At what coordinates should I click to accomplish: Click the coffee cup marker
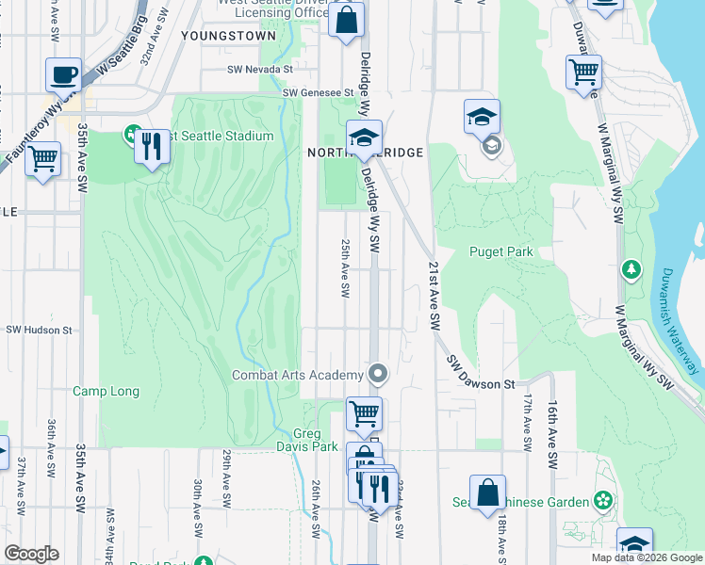pyautogui.click(x=63, y=75)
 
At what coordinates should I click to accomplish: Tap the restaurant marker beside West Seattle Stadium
pyautogui.click(x=151, y=148)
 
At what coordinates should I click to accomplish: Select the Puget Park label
pyautogui.click(x=501, y=251)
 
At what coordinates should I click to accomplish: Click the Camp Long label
pyautogui.click(x=106, y=391)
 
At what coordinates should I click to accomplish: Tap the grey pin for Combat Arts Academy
pyautogui.click(x=378, y=375)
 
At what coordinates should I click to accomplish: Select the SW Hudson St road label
pyautogui.click(x=40, y=331)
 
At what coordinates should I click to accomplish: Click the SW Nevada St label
pyautogui.click(x=260, y=69)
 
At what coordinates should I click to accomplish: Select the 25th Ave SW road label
pyautogui.click(x=345, y=268)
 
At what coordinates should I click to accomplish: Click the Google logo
pyautogui.click(x=31, y=554)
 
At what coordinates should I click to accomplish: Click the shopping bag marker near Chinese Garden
pyautogui.click(x=487, y=494)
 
